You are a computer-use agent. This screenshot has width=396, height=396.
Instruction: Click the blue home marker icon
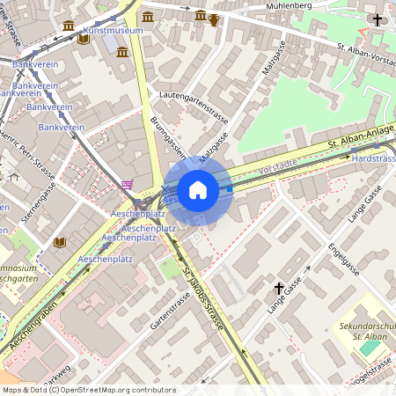(x=198, y=190)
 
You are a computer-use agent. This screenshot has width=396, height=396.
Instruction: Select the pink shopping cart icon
(x=128, y=185)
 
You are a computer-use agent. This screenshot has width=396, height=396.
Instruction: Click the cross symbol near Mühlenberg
(x=378, y=19)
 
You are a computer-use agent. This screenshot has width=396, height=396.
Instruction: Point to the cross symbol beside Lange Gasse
(x=279, y=288)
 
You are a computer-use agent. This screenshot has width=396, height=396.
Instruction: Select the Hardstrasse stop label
(x=372, y=158)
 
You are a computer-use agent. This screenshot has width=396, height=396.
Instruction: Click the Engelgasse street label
(x=344, y=260)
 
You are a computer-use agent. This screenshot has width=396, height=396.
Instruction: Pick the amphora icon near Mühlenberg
(x=214, y=18)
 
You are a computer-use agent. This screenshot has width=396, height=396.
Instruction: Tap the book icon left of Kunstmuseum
(x=84, y=39)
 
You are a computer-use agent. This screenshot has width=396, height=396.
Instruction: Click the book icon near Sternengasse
(x=60, y=242)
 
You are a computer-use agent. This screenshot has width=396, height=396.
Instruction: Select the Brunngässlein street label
(x=169, y=136)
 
